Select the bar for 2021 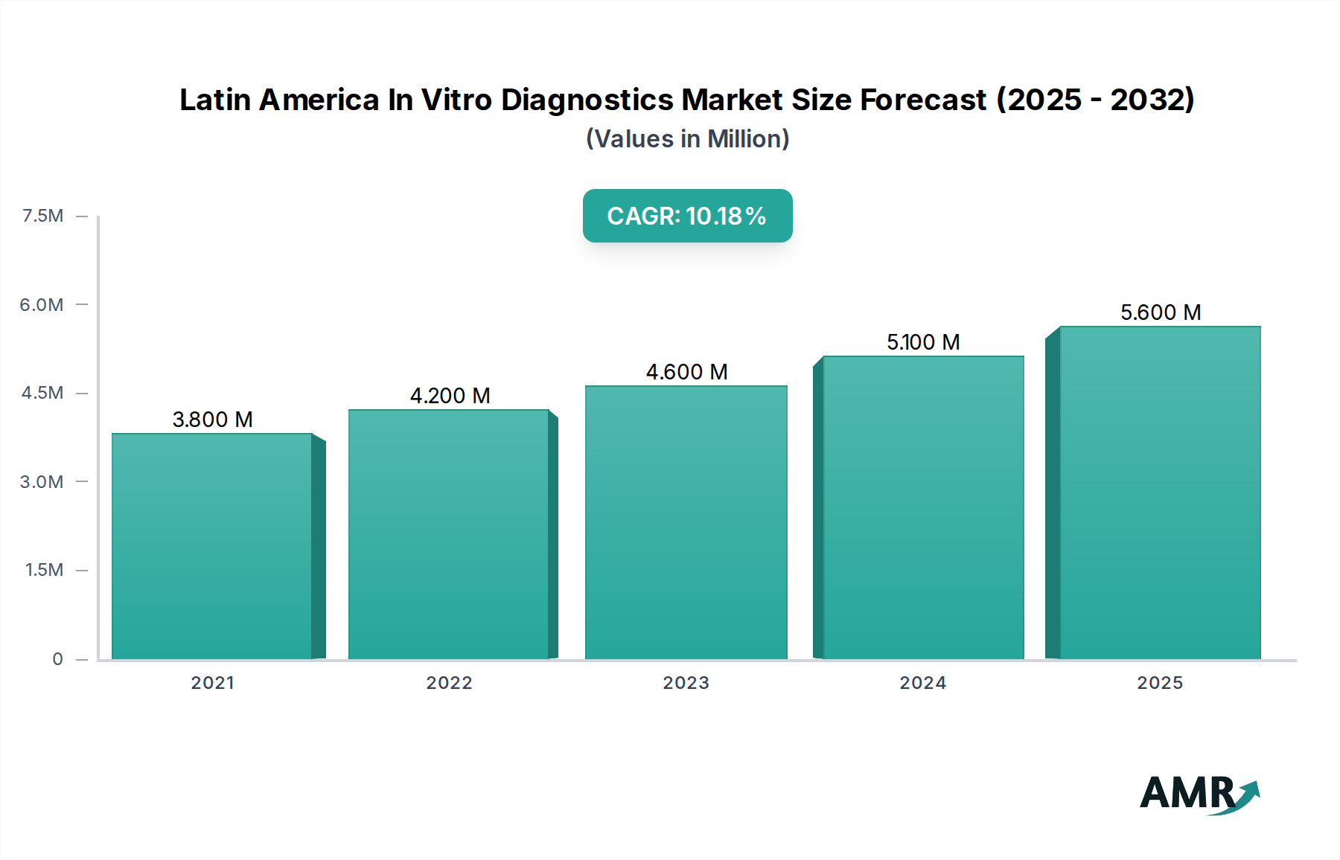coord(212,547)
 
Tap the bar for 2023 coord(686,522)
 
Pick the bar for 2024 coord(923,507)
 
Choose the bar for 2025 coord(1160,492)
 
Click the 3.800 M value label coord(212,420)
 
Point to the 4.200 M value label coord(450,396)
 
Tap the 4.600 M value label coord(686,372)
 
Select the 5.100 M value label coord(923,342)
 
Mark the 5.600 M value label coord(1160,312)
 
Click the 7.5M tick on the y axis coord(43,216)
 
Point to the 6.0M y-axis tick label coord(42,304)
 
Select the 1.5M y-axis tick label coord(44,570)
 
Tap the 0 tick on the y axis coord(57,659)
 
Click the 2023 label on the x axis coord(686,683)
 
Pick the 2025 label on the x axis coord(1159,683)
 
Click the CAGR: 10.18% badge coord(687,216)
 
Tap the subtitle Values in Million coord(687,139)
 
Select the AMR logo coord(1199,794)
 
